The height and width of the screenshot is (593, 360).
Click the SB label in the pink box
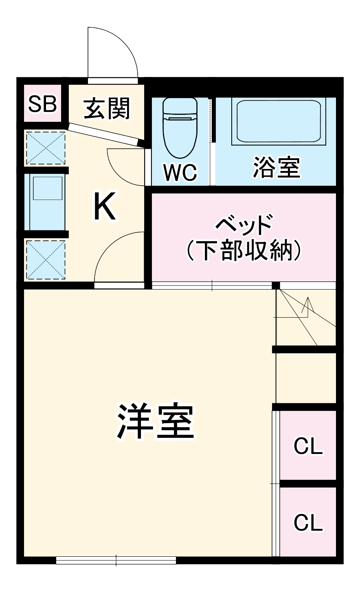click(x=42, y=104)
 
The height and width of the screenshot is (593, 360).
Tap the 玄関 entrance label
click(x=107, y=108)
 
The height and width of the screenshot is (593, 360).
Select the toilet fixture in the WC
click(x=180, y=127)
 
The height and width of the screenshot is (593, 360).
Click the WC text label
click(x=180, y=173)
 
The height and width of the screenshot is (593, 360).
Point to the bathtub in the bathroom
click(x=278, y=121)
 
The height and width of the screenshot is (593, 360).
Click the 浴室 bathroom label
click(x=277, y=167)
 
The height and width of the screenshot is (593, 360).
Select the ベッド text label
click(x=244, y=224)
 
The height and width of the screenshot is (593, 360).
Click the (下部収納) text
click(x=244, y=250)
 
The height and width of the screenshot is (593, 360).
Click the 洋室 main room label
click(x=155, y=422)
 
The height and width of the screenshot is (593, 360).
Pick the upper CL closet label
click(x=308, y=446)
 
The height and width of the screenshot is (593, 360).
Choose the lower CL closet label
click(x=308, y=522)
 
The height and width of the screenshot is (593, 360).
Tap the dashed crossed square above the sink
click(x=45, y=147)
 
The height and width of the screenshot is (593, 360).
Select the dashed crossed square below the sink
click(x=45, y=260)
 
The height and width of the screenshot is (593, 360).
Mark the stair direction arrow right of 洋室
click(x=307, y=307)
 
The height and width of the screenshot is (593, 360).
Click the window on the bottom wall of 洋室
click(x=116, y=560)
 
